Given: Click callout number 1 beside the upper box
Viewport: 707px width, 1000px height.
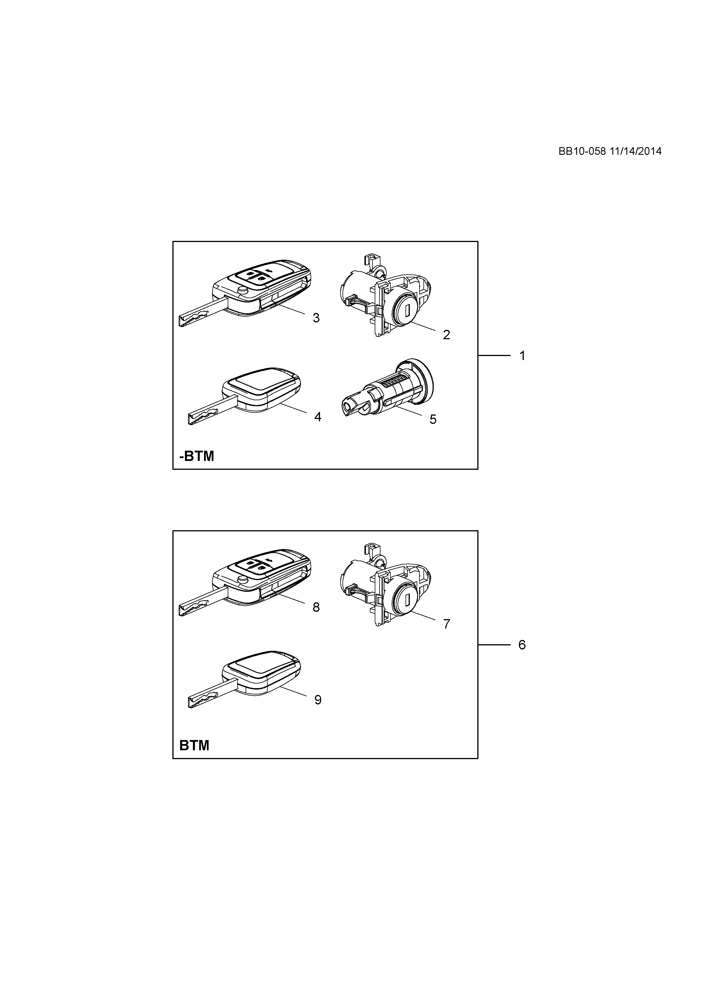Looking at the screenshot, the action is [x=522, y=356].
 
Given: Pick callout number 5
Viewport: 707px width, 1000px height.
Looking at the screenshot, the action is [x=433, y=419].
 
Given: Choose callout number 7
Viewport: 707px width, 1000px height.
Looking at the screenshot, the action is [x=446, y=624].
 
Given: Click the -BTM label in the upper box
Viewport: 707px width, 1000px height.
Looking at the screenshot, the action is [x=197, y=456].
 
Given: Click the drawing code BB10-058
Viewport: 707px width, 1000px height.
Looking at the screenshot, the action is [x=582, y=151].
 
